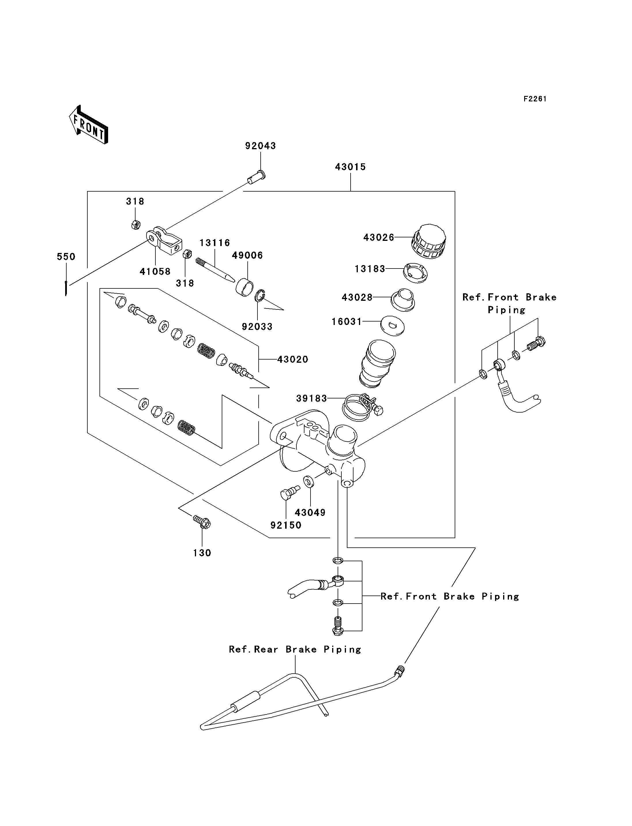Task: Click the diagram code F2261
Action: point(535,99)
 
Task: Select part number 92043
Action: point(260,146)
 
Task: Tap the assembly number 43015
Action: point(350,167)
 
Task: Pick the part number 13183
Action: point(370,269)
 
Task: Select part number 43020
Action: point(293,360)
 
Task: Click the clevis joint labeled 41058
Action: point(164,240)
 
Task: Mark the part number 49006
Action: point(247,255)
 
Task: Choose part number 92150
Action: point(286,525)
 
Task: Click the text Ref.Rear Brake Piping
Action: point(295,649)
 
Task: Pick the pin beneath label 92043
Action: point(257,177)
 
